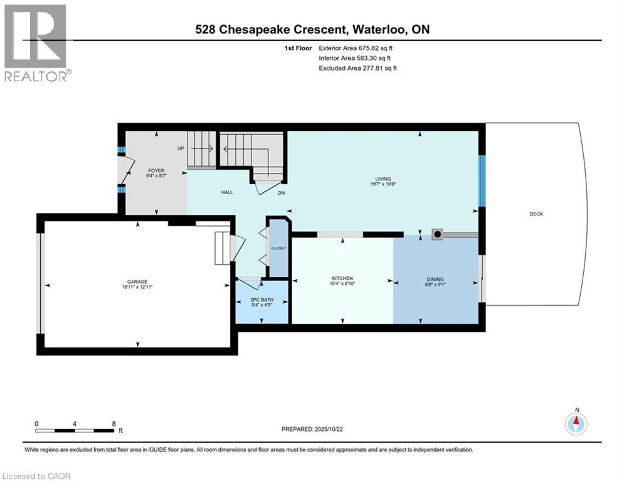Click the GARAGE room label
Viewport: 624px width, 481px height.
coord(137,281)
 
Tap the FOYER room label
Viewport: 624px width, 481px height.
coord(156,170)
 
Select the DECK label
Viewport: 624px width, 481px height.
coord(536,214)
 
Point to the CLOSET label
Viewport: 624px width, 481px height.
coord(278,248)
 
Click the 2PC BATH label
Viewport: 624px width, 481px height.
coord(262,300)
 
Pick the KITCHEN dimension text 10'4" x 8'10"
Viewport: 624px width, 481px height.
coord(342,284)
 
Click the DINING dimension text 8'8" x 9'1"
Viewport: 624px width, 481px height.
coord(435,284)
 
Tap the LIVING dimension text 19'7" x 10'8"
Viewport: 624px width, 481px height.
coord(383,184)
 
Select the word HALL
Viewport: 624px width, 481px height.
coord(227,192)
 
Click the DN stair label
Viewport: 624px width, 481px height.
coord(282,193)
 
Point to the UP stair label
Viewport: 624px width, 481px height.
coord(181,148)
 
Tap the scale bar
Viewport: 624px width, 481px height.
coord(75,430)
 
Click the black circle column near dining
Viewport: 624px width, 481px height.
coord(437,234)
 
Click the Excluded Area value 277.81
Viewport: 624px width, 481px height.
coord(371,68)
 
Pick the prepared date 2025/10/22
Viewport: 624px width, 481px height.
coord(329,429)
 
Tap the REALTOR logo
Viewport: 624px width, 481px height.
coord(36,43)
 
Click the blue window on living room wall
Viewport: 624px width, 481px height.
coord(482,181)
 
